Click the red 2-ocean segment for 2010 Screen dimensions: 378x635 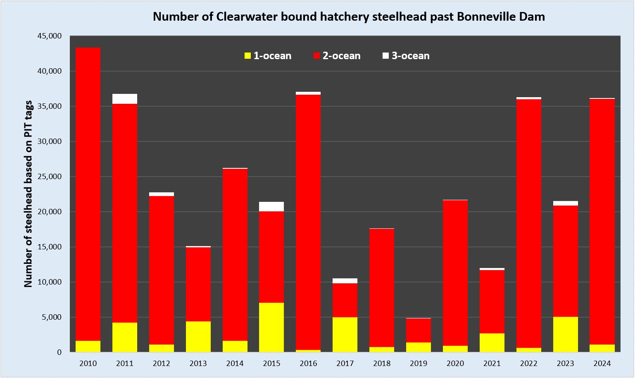tap(88, 194)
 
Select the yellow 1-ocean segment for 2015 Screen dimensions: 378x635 tap(271, 327)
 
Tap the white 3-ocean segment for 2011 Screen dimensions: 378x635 tap(125, 99)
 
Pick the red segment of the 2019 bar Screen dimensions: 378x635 tap(419, 330)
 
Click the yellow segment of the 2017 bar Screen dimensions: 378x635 tap(345, 335)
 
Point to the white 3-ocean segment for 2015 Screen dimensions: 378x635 tap(271, 206)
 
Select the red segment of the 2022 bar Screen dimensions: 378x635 tap(528, 223)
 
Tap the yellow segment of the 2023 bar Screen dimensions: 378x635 tap(565, 334)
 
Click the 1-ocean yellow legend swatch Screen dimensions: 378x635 tap(248, 56)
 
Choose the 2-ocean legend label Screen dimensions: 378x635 tap(341, 56)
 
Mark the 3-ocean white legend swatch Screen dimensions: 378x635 tap(386, 56)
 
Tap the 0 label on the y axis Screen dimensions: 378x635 tap(59, 352)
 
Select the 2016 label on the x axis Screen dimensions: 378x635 tap(308, 364)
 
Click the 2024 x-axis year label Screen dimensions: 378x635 tap(602, 364)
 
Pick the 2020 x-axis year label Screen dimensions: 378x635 tap(455, 364)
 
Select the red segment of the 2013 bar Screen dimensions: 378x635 tap(198, 284)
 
